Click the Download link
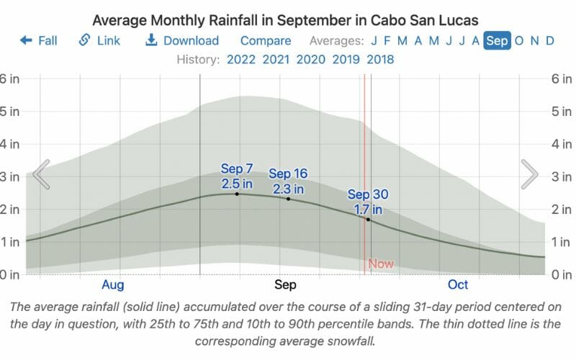tap(182, 41)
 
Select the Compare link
tap(266, 41)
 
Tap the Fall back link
tap(39, 41)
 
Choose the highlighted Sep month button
tap(497, 41)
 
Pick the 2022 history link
tap(241, 59)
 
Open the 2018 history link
tap(380, 59)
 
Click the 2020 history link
tap(310, 59)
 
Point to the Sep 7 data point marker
tap(237, 194)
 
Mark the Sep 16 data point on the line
tap(288, 198)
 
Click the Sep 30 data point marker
tap(368, 219)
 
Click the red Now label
tap(381, 264)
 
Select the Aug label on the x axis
tap(113, 284)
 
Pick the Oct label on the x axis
tap(459, 284)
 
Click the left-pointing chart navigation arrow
tap(41, 174)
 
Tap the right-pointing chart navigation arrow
tap(530, 174)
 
